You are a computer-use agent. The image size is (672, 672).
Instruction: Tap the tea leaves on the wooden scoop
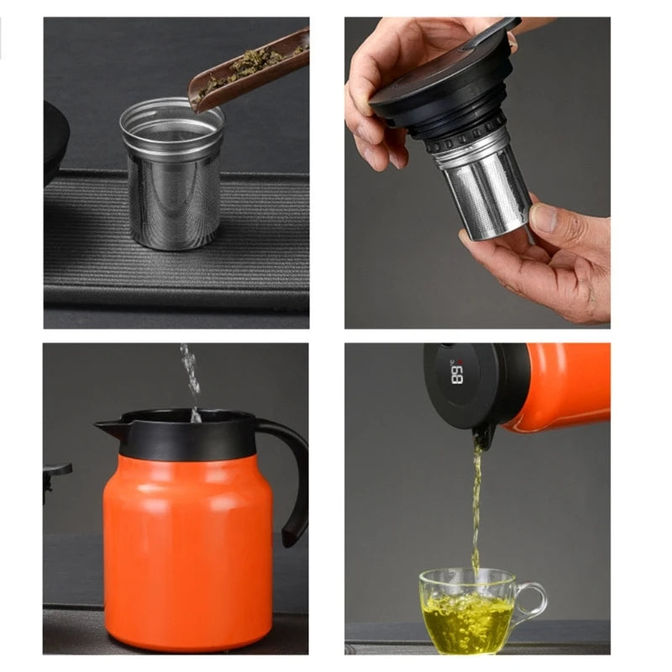coord(253,66)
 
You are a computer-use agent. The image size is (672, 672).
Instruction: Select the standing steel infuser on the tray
coord(172,174)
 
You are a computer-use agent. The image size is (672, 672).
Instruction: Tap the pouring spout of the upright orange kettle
coord(108,427)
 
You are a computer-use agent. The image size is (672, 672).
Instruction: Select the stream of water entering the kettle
coord(191,381)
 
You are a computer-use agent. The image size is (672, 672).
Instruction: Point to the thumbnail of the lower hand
coord(542,217)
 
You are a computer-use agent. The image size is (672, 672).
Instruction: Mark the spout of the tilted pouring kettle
coord(484,436)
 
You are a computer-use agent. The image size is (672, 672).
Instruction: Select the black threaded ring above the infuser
coord(467,134)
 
